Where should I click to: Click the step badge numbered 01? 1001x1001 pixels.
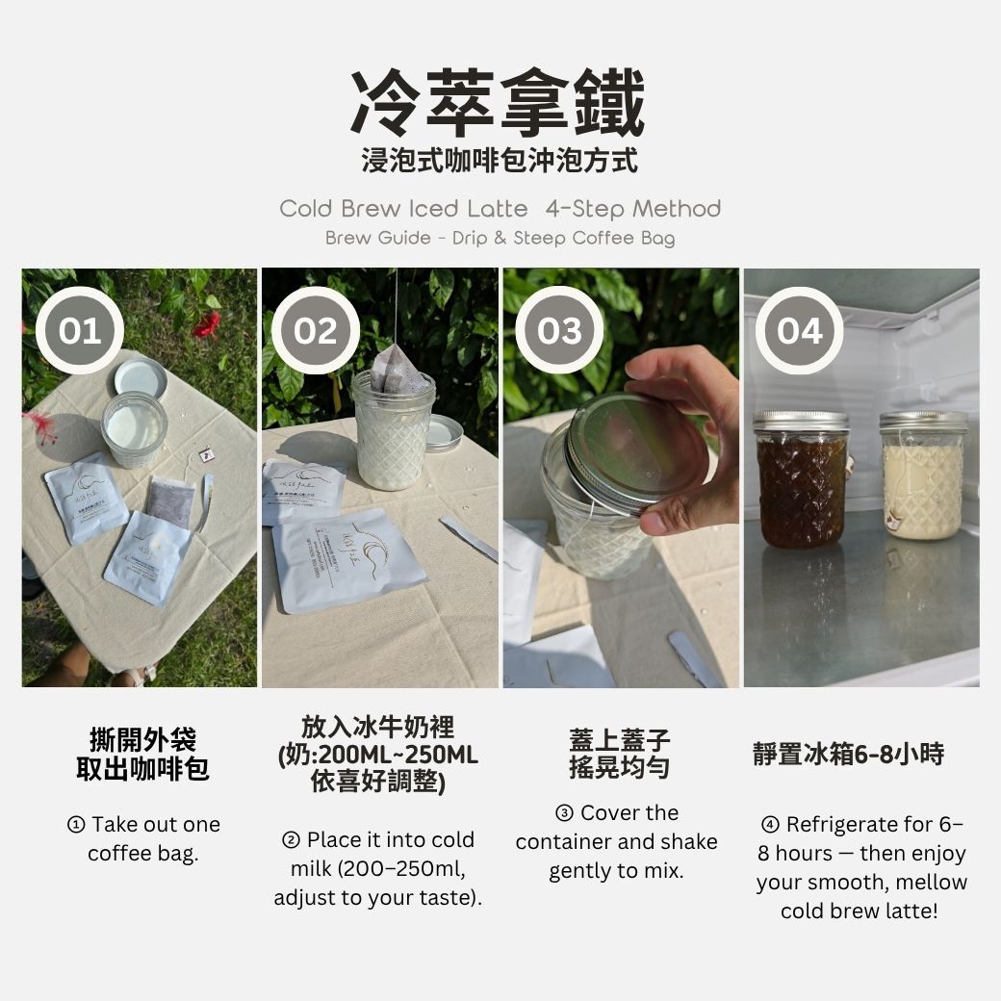(80, 331)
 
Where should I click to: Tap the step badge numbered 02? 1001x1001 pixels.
(316, 331)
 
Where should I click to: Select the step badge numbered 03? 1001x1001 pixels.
(560, 331)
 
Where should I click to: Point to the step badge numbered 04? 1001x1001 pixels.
(800, 331)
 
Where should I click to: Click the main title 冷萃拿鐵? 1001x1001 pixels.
(498, 103)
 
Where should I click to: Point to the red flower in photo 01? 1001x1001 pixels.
(206, 324)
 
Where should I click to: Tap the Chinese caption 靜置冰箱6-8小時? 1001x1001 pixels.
(848, 754)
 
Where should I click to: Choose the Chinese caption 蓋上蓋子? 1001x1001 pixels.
(619, 741)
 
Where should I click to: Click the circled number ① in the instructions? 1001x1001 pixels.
(76, 825)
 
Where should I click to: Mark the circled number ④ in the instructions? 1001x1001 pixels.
(770, 825)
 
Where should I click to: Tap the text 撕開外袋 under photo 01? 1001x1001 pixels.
(142, 741)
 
